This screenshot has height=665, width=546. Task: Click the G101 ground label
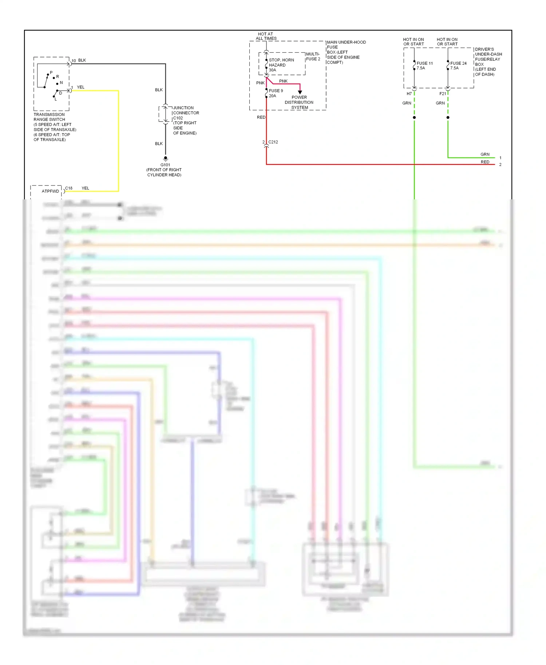165,165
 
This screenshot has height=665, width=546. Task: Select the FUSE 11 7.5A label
424,65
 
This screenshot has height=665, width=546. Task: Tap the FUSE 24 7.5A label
458,65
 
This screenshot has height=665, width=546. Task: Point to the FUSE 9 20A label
276,93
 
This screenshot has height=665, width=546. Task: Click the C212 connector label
273,142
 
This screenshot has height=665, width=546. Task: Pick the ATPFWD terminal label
50,191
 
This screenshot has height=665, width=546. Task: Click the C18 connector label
69,188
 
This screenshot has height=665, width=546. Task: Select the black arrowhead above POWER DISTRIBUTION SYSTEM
300,92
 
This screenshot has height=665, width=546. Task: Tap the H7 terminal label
409,93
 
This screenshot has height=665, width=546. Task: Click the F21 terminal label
443,93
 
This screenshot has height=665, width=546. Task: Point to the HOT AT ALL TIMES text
266,36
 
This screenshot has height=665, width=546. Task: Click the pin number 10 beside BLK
74,60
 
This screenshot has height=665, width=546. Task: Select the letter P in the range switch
51,72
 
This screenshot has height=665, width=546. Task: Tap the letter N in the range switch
61,83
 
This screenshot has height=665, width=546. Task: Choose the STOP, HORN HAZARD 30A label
281,65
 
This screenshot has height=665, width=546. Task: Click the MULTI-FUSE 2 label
313,56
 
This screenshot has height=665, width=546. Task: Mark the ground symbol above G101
166,159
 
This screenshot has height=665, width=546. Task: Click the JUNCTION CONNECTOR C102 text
186,113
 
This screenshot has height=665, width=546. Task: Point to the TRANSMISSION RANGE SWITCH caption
50,117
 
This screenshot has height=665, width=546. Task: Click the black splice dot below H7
414,118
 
